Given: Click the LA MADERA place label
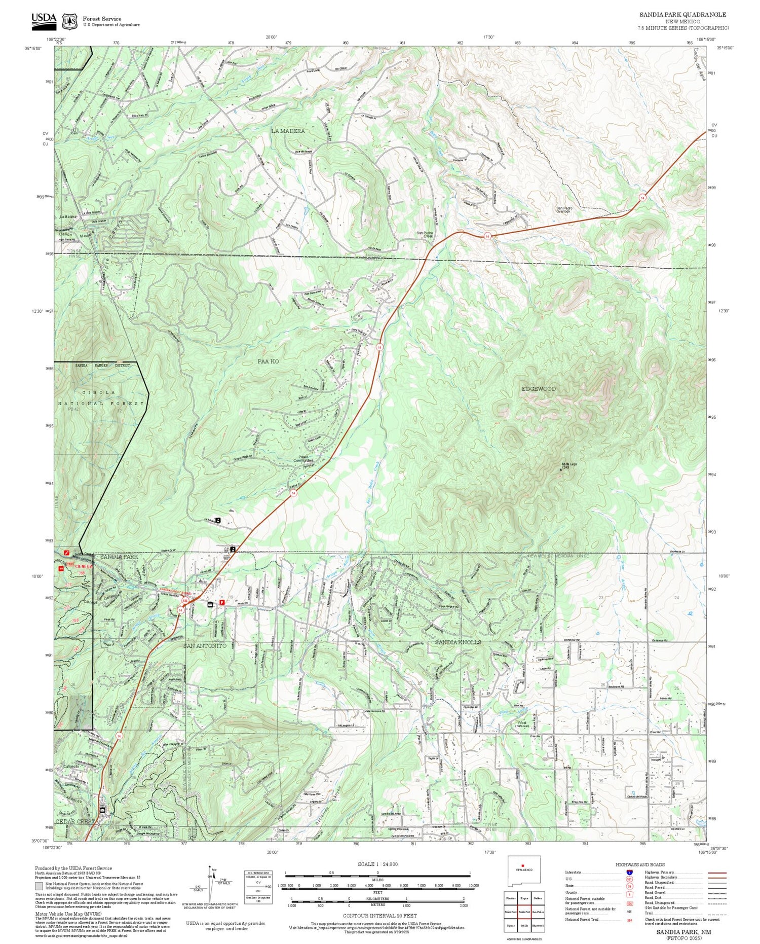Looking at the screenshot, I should point(288,131).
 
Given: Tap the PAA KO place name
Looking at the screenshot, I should point(268,361).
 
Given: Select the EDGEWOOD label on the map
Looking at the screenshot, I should point(539,389).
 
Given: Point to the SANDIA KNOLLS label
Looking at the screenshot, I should point(458,642).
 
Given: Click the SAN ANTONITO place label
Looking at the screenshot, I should point(205,646).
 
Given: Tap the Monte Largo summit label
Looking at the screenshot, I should point(569,464).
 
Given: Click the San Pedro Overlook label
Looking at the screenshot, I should point(563,209).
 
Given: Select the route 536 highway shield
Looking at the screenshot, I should point(185,601).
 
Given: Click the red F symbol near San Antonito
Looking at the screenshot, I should point(221,603).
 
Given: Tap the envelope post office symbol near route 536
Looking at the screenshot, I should point(210,604).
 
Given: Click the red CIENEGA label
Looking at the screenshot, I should point(85,566).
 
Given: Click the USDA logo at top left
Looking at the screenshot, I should point(44,19).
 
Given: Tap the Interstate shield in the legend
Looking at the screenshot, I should point(629,872).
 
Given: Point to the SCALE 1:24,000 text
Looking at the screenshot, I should point(377,864).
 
